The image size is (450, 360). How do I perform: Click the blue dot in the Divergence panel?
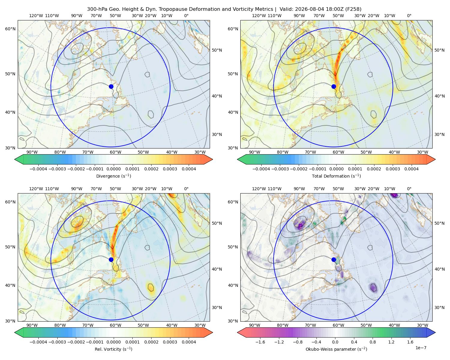(x=111, y=87)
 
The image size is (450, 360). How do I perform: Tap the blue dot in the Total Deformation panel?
(x=334, y=87)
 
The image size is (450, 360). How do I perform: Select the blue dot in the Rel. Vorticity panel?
(x=111, y=259)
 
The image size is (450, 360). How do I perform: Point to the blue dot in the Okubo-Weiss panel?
(x=334, y=259)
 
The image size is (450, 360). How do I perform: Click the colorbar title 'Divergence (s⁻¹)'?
(x=113, y=176)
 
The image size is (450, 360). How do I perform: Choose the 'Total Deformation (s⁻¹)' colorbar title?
(x=336, y=176)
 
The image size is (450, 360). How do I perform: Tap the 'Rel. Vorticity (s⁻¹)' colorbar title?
(x=113, y=349)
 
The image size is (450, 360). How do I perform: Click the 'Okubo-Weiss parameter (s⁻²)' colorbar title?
(x=336, y=349)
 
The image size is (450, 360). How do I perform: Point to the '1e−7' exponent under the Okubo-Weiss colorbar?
(x=421, y=348)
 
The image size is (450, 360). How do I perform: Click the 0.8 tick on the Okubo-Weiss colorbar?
(x=373, y=342)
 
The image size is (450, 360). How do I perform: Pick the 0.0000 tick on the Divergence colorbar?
(x=113, y=169)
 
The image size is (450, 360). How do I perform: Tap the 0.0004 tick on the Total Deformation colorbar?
(x=412, y=169)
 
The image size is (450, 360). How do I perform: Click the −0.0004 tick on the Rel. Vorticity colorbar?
(x=38, y=342)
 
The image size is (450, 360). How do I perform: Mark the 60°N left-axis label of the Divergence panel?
(x=10, y=29)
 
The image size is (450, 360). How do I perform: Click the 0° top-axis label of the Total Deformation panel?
(x=409, y=16)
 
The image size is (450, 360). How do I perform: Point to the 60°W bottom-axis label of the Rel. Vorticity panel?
(x=115, y=325)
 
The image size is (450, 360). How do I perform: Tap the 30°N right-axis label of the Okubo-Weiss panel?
(x=439, y=307)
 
